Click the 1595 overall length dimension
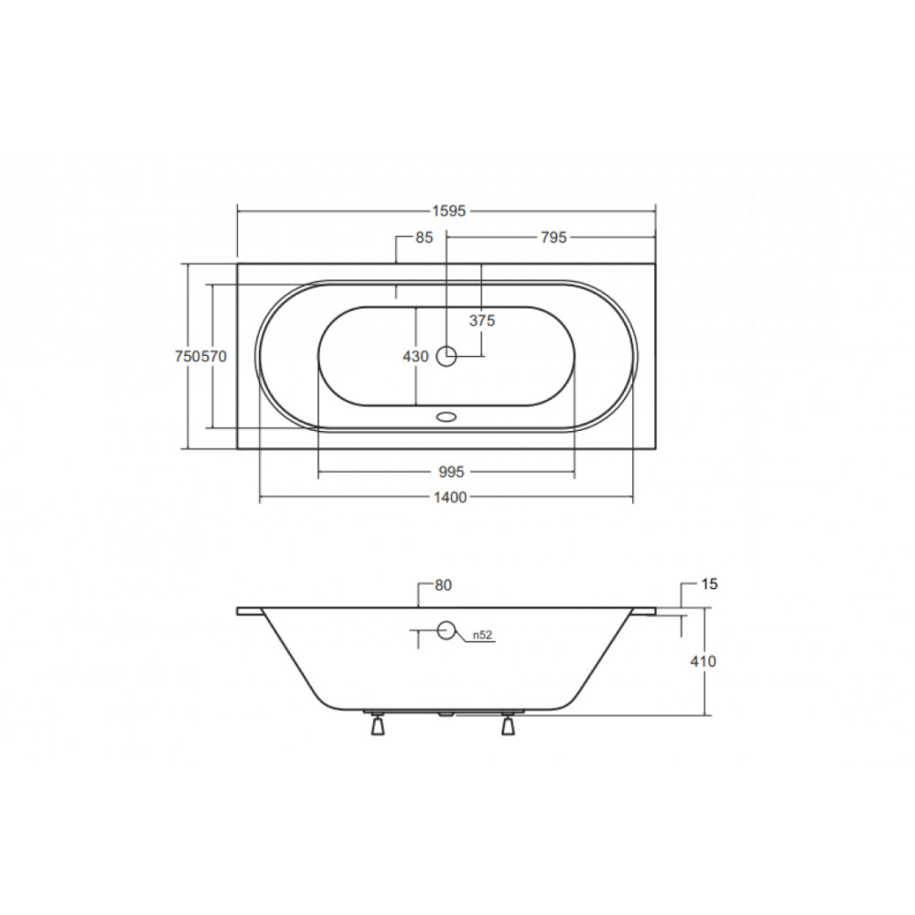click(x=448, y=210)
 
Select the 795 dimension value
click(x=554, y=237)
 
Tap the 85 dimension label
click(x=425, y=237)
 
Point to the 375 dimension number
click(x=482, y=320)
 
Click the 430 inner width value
click(x=415, y=356)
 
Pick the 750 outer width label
click(x=188, y=356)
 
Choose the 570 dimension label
click(x=214, y=356)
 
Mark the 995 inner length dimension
click(x=450, y=471)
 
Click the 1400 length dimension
click(x=450, y=497)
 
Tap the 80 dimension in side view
click(x=443, y=585)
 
